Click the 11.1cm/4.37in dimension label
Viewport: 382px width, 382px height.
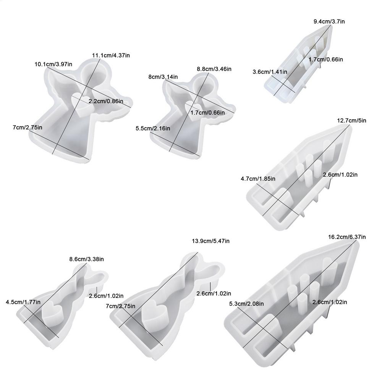[111, 55]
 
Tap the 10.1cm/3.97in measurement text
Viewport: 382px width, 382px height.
[53, 64]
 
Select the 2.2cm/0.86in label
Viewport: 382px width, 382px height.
[106, 101]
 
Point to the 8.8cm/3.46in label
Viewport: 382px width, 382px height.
[214, 69]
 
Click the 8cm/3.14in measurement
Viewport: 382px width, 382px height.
[163, 77]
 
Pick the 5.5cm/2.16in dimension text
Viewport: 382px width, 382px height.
[153, 128]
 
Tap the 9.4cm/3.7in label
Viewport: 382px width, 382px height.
[329, 21]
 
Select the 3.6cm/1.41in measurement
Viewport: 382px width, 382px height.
[270, 72]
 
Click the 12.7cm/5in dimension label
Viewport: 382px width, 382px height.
[351, 121]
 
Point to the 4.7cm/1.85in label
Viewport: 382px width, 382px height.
[258, 178]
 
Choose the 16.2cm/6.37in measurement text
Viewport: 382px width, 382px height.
[347, 237]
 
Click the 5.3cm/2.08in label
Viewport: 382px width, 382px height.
[246, 304]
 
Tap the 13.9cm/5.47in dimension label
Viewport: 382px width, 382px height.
[211, 241]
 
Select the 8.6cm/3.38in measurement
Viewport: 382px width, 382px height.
[86, 259]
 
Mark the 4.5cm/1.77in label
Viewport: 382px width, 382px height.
[23, 302]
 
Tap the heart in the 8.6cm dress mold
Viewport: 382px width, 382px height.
[52, 313]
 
